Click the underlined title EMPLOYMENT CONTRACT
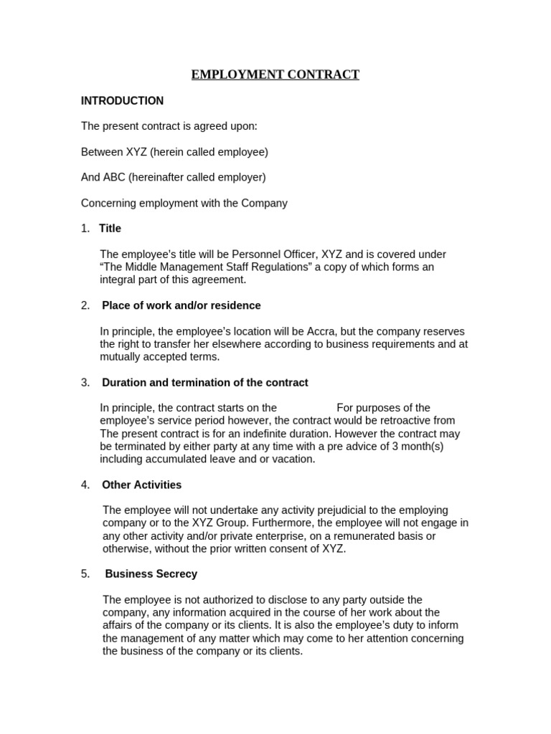(275, 75)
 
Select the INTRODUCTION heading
(122, 101)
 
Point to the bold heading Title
(110, 229)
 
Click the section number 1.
(85, 229)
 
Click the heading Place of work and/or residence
(182, 306)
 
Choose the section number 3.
(85, 383)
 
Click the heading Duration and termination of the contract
(205, 383)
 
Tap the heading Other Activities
(142, 485)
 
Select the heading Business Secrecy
(151, 575)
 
